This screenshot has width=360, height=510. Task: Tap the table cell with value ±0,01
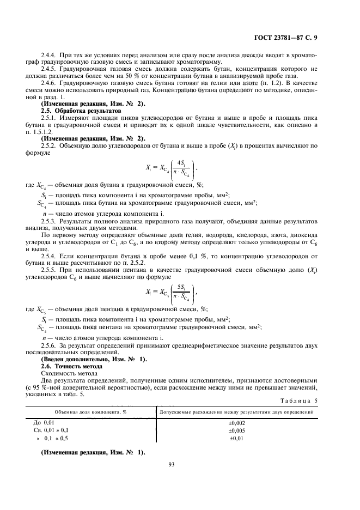[x=236, y=438]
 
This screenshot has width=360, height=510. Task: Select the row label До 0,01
[x=45, y=423]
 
